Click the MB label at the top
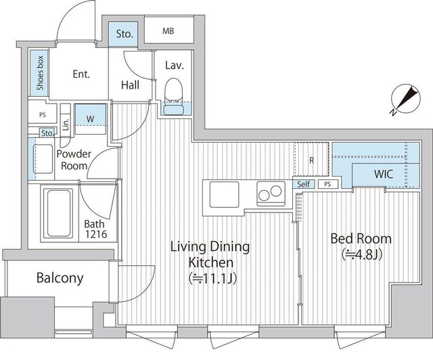click(168, 31)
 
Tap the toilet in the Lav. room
click(174, 96)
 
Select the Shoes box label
click(40, 73)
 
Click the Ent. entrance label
click(81, 74)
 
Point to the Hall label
click(130, 85)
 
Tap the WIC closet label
click(384, 174)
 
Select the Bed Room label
click(361, 239)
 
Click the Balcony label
click(60, 277)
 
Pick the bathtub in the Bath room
click(59, 212)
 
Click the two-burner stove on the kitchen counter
click(271, 194)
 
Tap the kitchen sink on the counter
click(224, 194)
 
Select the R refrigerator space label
click(311, 160)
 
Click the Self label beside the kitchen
click(304, 184)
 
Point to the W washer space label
click(90, 119)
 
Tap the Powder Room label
click(74, 160)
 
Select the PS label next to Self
click(327, 184)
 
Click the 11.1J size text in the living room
click(212, 279)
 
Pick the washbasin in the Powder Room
click(43, 159)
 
